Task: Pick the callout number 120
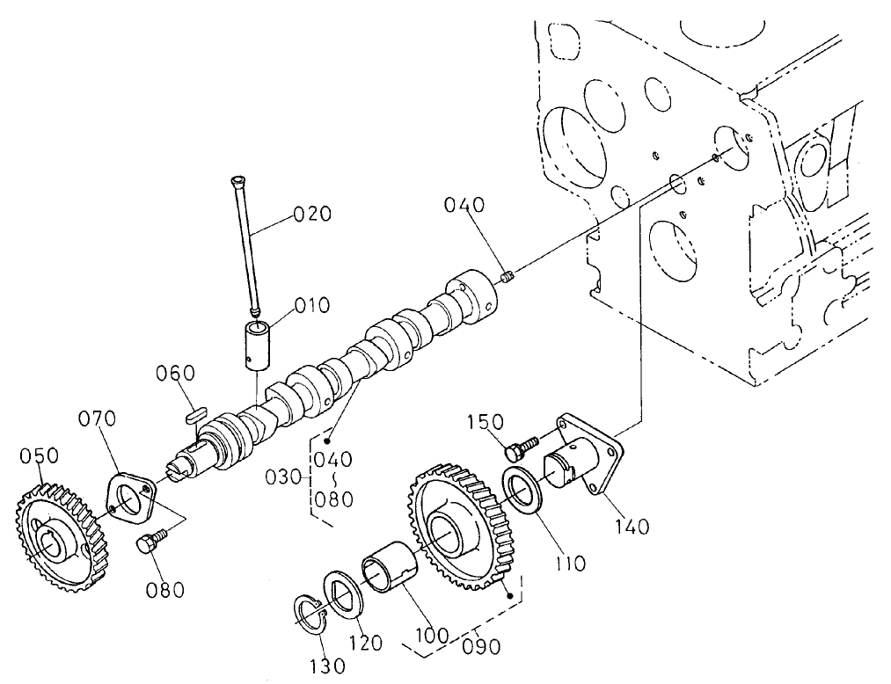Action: (x=364, y=643)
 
